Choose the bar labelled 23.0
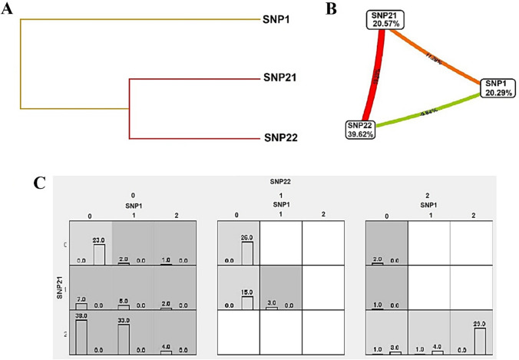(x=99, y=253)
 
